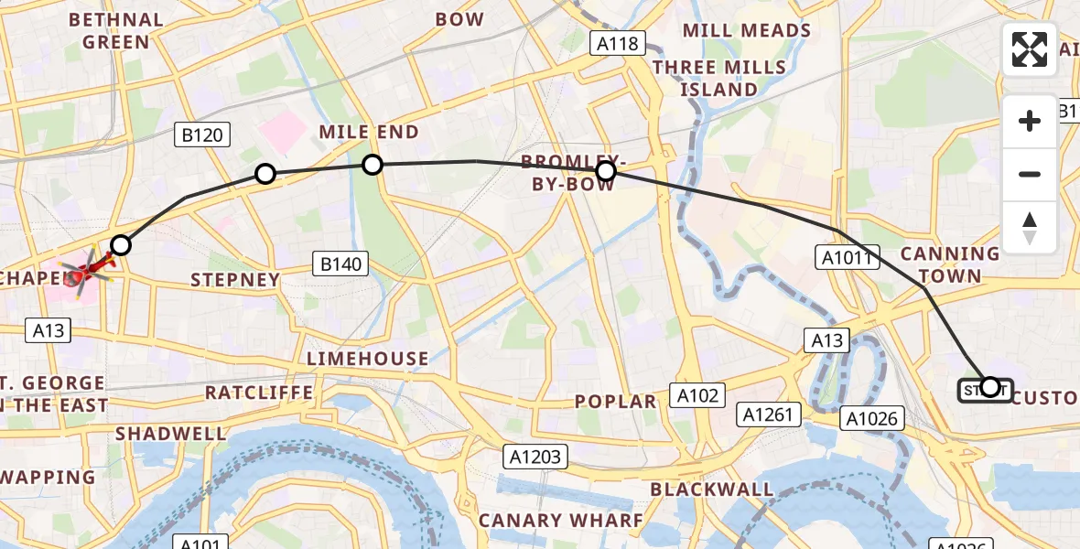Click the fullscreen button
[x=1030, y=48]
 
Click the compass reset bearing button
[x=1030, y=228]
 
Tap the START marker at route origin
[x=985, y=391]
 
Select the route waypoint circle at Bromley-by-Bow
[x=605, y=171]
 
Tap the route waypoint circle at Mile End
[x=372, y=165]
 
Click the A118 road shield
[x=620, y=44]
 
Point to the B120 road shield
[x=202, y=136]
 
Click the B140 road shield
[x=340, y=264]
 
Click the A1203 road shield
[x=537, y=455]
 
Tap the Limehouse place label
[x=368, y=358]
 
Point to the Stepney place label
[x=234, y=279]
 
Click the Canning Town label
[x=950, y=264]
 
